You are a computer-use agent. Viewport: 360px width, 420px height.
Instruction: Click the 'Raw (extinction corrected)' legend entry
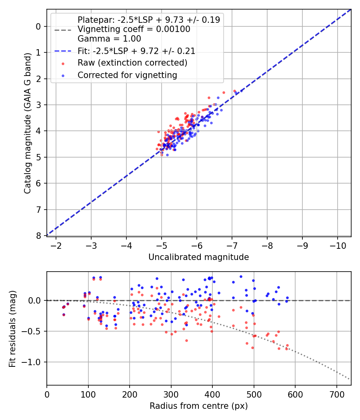(x=132, y=63)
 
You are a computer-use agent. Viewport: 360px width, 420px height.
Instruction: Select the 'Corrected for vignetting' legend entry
(x=127, y=75)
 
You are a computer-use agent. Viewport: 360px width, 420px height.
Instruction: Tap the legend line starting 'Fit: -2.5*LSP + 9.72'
(x=136, y=51)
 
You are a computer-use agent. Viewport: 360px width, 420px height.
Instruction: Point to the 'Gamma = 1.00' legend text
(x=109, y=39)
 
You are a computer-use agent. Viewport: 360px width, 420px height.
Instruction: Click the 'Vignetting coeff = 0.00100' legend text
(x=134, y=29)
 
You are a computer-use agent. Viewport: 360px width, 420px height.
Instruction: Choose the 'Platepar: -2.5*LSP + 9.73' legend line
(x=148, y=20)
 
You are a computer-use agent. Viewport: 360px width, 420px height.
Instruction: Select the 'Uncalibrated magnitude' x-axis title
(x=198, y=257)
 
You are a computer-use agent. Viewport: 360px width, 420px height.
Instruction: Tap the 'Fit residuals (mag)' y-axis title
(x=12, y=329)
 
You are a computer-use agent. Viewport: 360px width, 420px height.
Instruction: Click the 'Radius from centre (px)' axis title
(x=198, y=406)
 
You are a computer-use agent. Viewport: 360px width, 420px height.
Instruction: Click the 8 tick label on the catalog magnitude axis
(x=38, y=236)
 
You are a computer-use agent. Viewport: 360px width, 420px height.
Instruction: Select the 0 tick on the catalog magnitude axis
(x=38, y=26)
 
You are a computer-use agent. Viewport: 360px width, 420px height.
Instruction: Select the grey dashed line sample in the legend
(x=63, y=30)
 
